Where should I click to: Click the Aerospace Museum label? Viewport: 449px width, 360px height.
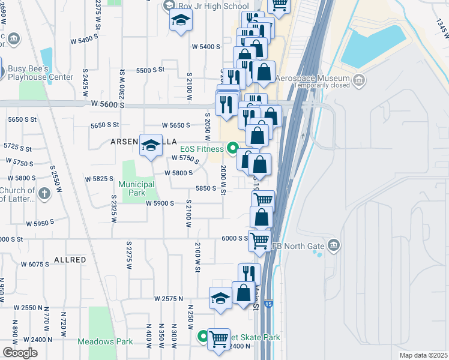tap(322, 79)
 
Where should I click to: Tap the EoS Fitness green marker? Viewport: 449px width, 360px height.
tap(234, 148)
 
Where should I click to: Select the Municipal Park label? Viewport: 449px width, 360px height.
tap(136, 188)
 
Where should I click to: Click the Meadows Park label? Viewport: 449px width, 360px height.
tap(105, 341)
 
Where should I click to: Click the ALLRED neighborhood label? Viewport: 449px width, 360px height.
tap(70, 260)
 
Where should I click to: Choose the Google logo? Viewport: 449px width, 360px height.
tap(20, 352)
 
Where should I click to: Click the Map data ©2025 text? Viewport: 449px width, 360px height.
tap(421, 355)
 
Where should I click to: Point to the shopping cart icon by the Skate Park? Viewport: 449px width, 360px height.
tap(219, 339)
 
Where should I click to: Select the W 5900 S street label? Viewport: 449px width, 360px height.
tap(160, 203)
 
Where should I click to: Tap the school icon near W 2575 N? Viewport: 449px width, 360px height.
tap(220, 298)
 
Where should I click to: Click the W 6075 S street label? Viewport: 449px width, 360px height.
tap(35, 264)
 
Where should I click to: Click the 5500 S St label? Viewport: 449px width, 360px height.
tap(150, 70)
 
